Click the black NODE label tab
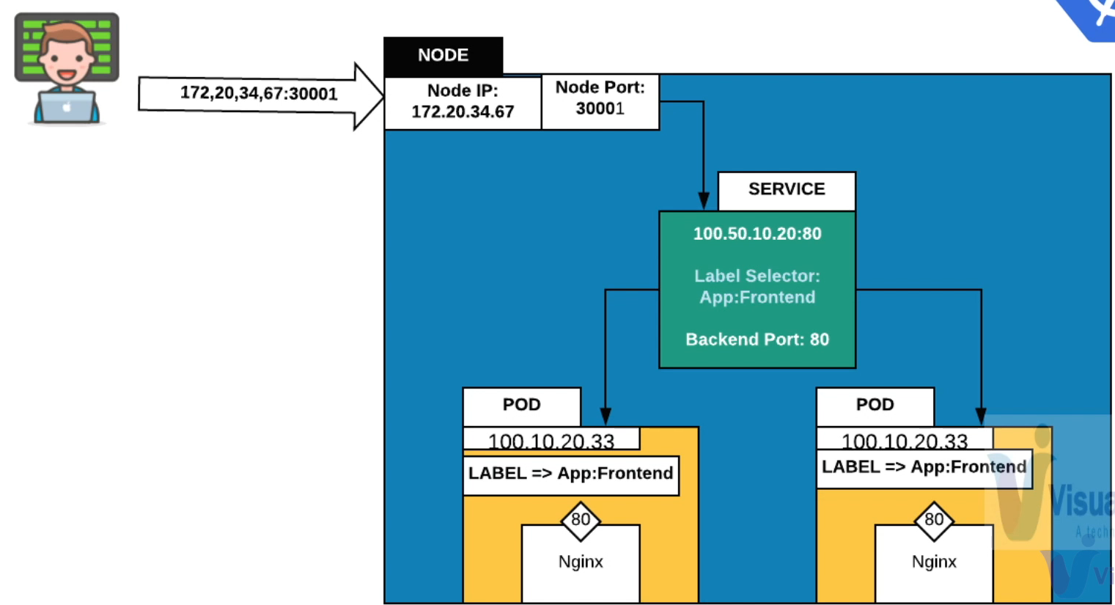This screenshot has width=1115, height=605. click(443, 56)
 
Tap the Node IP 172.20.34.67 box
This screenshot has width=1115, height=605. click(463, 101)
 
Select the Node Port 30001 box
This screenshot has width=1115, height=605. click(600, 98)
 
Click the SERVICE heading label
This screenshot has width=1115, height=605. click(787, 189)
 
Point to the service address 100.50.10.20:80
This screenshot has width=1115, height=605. click(757, 234)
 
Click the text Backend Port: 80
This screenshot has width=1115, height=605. click(757, 340)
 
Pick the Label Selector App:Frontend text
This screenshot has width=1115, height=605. click(757, 287)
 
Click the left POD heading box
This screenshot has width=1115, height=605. click(521, 405)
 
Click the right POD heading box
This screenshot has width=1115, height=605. click(875, 405)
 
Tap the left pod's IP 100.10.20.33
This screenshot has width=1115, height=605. click(551, 441)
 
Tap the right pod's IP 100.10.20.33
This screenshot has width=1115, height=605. click(905, 441)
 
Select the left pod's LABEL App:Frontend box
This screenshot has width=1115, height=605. click(570, 474)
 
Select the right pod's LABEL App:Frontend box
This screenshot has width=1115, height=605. click(924, 467)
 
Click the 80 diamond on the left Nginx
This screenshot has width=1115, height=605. click(581, 520)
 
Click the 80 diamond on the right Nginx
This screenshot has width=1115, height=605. click(934, 520)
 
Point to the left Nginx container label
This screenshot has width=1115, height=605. click(581, 562)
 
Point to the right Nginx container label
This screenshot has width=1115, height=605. click(934, 562)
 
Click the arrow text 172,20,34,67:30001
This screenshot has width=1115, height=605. click(259, 94)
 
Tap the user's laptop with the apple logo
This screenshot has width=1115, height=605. click(67, 107)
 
